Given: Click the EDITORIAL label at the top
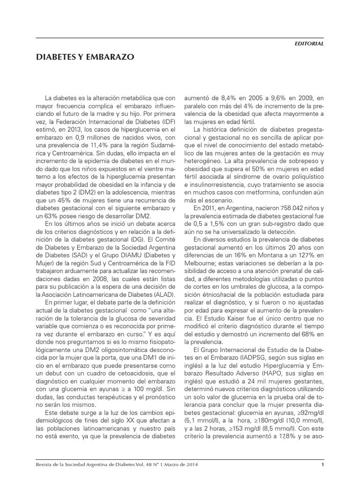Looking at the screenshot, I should [x=309, y=43].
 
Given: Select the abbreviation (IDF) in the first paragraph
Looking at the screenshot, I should [x=168, y=115].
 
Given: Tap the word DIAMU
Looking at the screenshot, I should [x=125, y=255].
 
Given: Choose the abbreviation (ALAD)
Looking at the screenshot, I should [x=164, y=294].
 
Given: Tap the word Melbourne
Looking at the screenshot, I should [x=201, y=263].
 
